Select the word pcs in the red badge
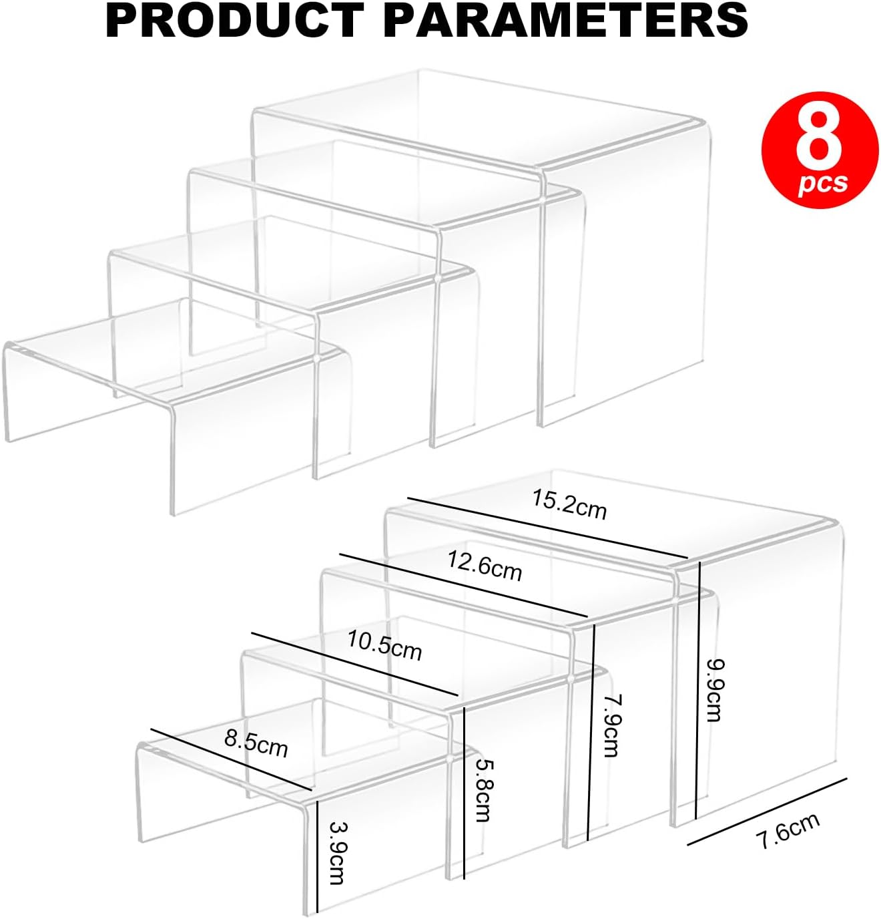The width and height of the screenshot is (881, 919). [x=823, y=183]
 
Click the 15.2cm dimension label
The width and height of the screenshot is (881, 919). [x=569, y=505]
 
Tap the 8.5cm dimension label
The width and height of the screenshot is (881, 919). [x=256, y=743]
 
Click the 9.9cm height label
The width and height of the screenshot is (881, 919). [x=714, y=690]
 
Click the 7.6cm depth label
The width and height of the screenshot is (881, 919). [x=788, y=830]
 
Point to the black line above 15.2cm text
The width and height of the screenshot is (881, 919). [x=547, y=527]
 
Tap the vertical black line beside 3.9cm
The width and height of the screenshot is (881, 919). [x=318, y=856]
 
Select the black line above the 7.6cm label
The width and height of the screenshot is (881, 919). [x=768, y=811]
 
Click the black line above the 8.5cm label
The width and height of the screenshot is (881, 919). [x=231, y=759]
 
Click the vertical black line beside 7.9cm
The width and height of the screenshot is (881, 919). [x=590, y=731]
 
